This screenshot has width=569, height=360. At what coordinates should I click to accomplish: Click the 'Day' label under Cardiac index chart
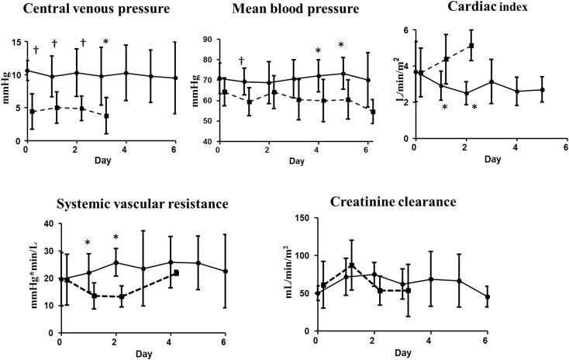click(x=491, y=160)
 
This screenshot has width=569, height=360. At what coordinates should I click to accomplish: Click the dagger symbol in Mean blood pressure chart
click(x=242, y=60)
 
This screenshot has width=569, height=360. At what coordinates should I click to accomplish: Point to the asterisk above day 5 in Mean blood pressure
click(x=340, y=44)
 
